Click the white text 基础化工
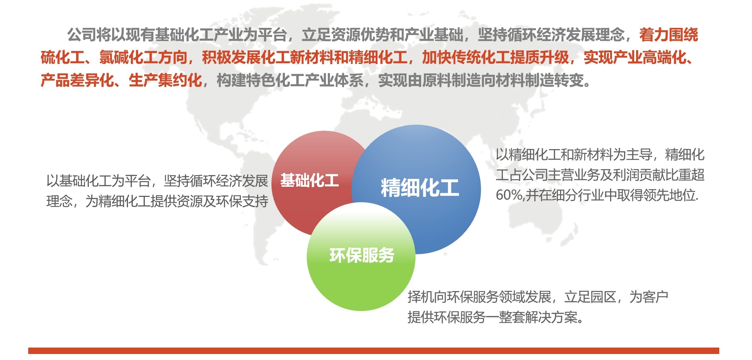coord(309,181)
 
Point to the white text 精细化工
coord(420,188)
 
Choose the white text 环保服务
coord(362,255)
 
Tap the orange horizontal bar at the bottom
coord(373,351)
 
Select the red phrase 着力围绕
coord(668,35)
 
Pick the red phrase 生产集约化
coord(165,80)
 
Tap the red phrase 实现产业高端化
coord(635,57)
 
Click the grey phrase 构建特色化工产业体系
coord(290,80)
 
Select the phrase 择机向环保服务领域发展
coord(480,297)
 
